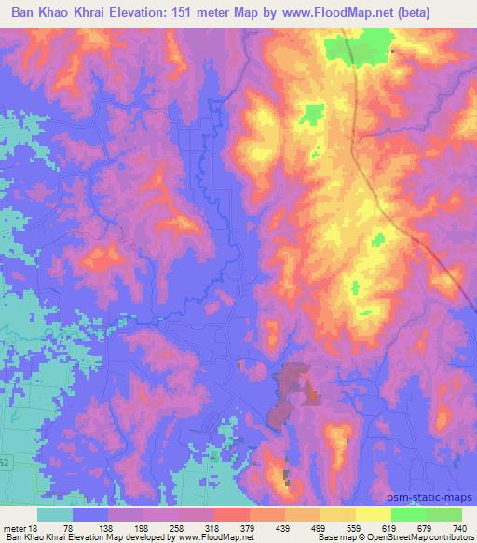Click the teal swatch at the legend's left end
[55, 514]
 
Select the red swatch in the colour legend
[232, 514]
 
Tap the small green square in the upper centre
[310, 115]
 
